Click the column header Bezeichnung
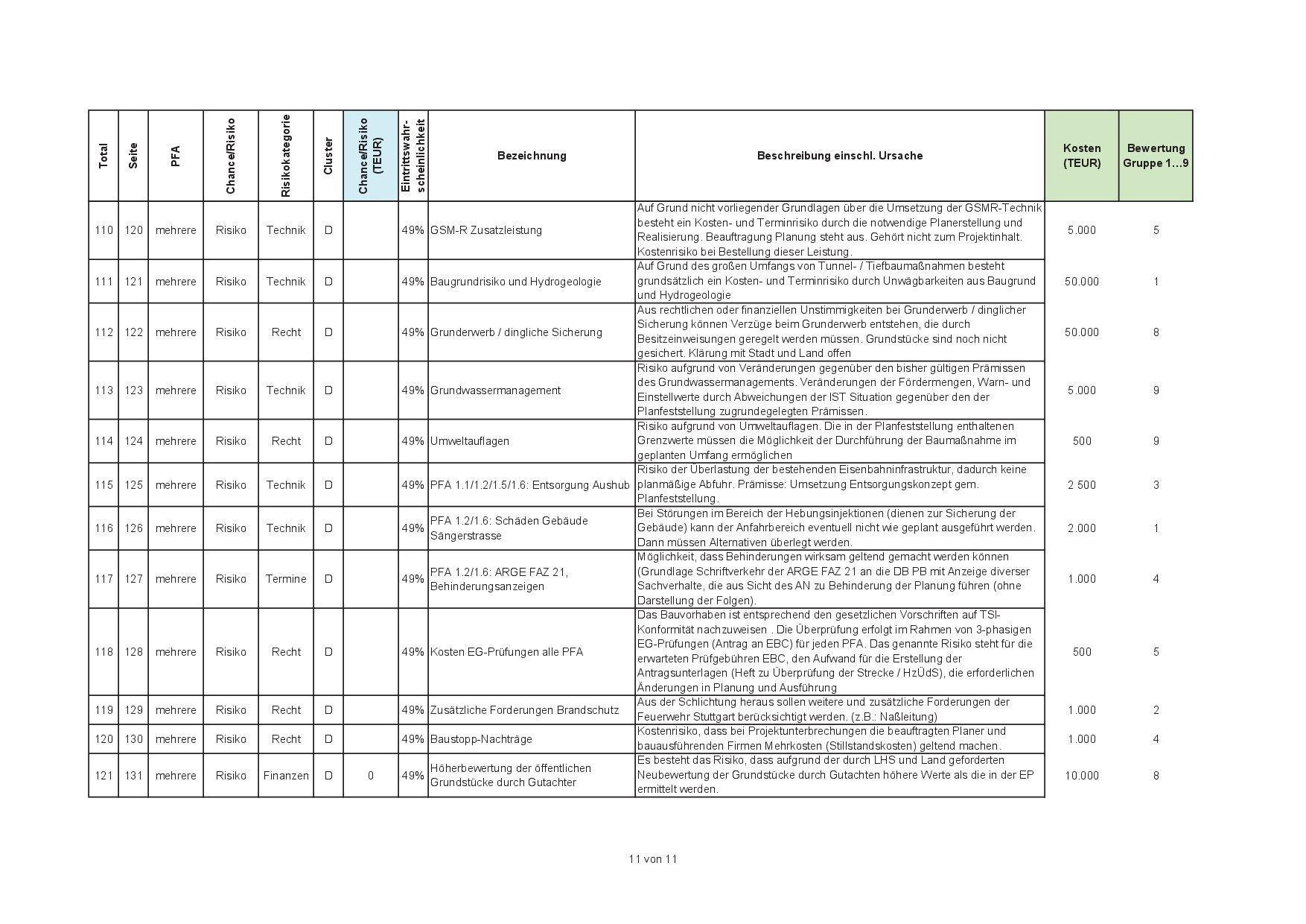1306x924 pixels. (x=531, y=156)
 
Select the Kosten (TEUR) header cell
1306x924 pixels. (x=1081, y=156)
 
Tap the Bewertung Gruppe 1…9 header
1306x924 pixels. (x=1156, y=156)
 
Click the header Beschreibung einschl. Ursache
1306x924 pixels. (x=839, y=156)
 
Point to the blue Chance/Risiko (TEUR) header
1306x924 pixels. (x=370, y=156)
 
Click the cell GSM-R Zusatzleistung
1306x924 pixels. (x=485, y=230)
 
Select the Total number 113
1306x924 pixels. (x=103, y=390)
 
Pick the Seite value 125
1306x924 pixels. (x=133, y=485)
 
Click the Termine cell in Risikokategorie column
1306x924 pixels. (x=286, y=579)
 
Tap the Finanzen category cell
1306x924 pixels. (x=286, y=776)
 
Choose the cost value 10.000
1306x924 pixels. (x=1081, y=776)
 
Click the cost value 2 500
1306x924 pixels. (x=1081, y=485)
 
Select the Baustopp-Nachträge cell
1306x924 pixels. (x=481, y=739)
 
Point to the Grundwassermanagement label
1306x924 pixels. (x=495, y=390)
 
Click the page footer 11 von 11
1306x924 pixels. (x=652, y=859)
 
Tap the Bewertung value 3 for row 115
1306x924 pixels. (x=1156, y=485)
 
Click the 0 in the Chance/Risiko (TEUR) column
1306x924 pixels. (x=370, y=776)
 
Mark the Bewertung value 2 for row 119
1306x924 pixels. (x=1156, y=710)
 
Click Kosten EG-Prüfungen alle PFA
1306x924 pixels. (x=506, y=652)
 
